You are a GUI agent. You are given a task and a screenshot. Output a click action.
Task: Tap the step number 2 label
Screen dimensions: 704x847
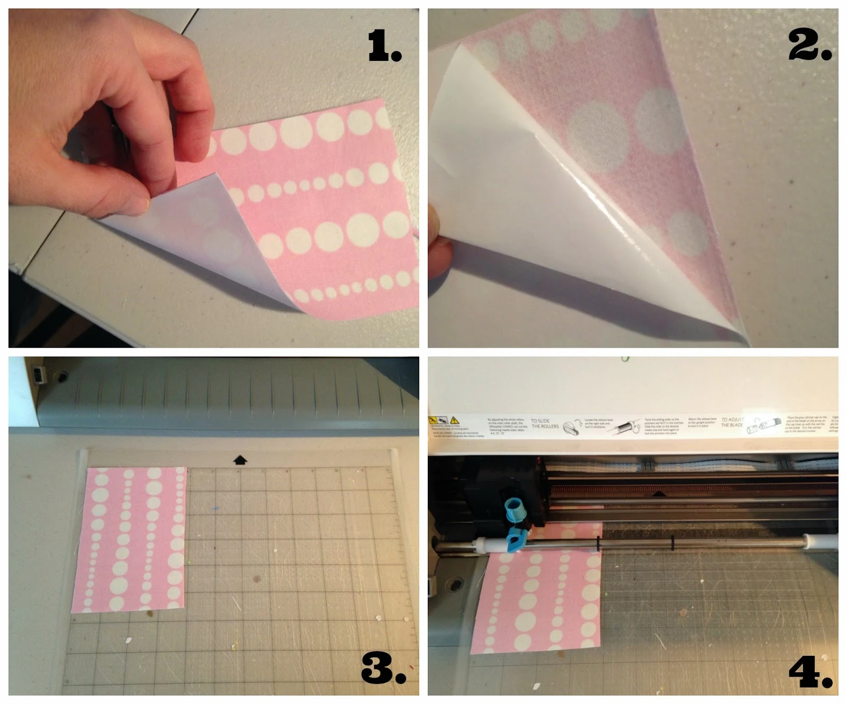coord(809,44)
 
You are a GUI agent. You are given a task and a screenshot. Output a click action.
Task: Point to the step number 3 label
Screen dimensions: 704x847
coord(383,668)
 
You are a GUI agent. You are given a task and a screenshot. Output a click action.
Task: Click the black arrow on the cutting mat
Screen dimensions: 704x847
coord(240,459)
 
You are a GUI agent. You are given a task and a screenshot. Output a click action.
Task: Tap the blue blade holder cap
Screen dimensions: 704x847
coord(513,509)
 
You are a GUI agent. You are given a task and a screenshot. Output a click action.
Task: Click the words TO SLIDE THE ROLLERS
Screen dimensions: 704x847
coord(544,423)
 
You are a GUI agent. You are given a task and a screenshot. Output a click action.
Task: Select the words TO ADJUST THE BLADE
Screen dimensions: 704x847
coord(732,422)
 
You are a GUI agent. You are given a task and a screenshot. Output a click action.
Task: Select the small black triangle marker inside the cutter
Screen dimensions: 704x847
coord(659,494)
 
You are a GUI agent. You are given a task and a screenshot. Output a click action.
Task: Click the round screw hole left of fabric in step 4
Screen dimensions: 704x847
coord(454,585)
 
